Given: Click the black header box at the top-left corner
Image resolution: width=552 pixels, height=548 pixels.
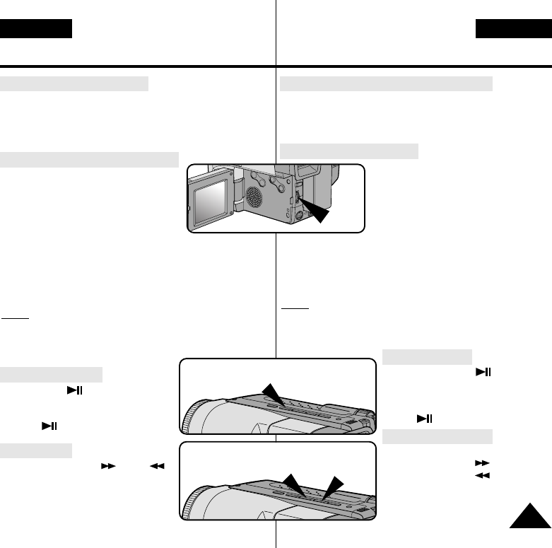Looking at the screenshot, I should pyautogui.click(x=36, y=29).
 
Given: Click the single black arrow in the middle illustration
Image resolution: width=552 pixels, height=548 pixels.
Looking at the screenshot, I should pyautogui.click(x=271, y=393).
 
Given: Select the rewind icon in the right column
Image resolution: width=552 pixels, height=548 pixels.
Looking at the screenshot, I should pyautogui.click(x=482, y=475).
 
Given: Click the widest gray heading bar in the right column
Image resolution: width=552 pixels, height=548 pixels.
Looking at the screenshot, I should pyautogui.click(x=386, y=85).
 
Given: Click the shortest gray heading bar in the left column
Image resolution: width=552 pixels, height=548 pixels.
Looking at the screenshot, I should pyautogui.click(x=36, y=450).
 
